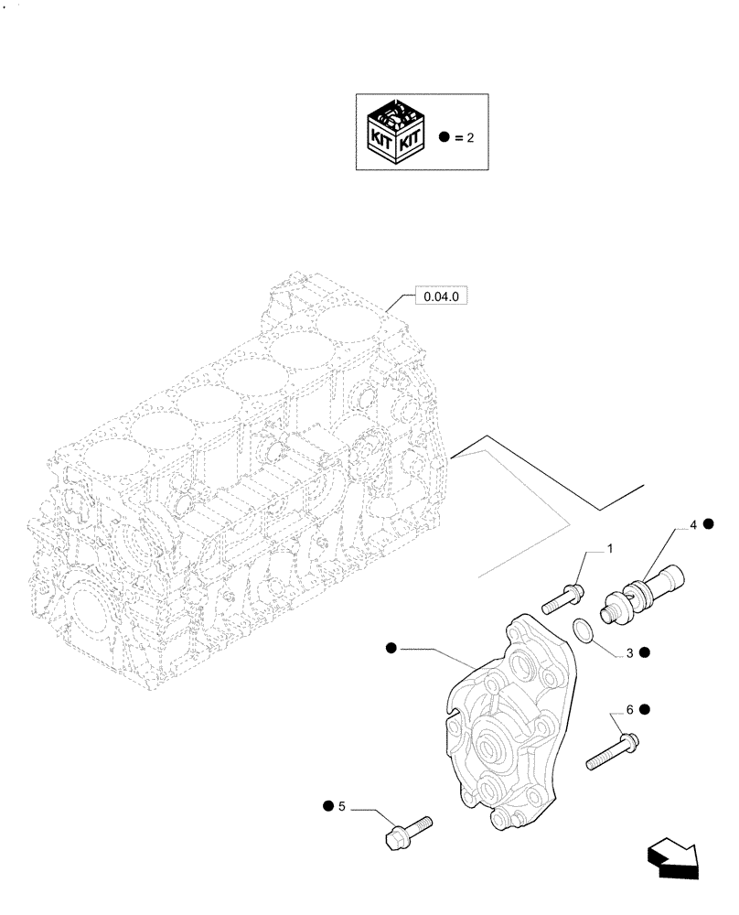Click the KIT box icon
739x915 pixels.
[394, 133]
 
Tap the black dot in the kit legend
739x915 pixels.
[444, 136]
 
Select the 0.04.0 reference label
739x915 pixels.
[442, 297]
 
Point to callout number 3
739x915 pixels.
[630, 652]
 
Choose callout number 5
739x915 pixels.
[341, 806]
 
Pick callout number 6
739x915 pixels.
[630, 709]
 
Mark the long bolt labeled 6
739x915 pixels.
[611, 749]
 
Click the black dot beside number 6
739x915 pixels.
[645, 709]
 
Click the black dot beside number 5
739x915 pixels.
[327, 806]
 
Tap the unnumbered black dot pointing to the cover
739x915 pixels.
[391, 648]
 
